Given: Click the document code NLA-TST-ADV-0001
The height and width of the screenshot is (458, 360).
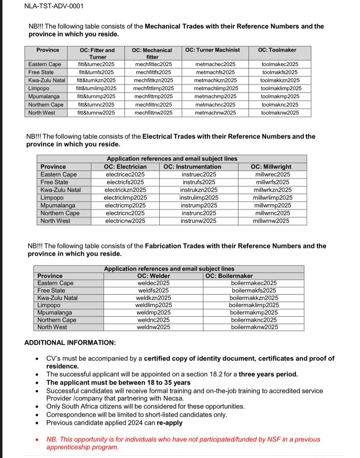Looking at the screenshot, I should [x=54, y=6].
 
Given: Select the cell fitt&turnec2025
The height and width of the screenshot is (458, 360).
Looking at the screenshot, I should [x=96, y=64].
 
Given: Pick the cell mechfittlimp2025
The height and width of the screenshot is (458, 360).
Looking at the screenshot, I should [x=153, y=88].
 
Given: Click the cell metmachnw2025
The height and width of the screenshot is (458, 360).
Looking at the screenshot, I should [x=215, y=113].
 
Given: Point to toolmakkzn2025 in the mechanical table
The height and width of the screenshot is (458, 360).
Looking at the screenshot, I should [x=280, y=80].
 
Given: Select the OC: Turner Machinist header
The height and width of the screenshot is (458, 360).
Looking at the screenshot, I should [x=212, y=50].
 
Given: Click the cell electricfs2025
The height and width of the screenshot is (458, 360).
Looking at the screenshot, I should [x=125, y=182].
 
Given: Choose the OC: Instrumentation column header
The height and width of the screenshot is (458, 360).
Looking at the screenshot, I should [x=192, y=167].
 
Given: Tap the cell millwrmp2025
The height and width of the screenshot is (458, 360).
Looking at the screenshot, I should [x=272, y=206].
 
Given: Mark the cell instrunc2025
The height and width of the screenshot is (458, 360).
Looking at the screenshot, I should [x=198, y=213].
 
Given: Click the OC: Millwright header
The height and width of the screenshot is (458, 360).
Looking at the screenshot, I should [x=271, y=167].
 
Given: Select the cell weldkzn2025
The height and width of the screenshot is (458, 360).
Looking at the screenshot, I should [x=153, y=298].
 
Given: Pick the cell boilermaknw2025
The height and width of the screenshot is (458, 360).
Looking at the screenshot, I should [x=254, y=327].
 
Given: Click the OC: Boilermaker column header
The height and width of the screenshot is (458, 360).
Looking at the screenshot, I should [x=229, y=276].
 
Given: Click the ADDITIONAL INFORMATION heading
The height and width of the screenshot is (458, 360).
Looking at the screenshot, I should [x=70, y=343].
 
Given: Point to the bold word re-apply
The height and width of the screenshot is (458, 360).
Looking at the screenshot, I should [x=170, y=423].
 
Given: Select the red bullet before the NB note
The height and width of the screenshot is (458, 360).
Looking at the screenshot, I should [x=38, y=440].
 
